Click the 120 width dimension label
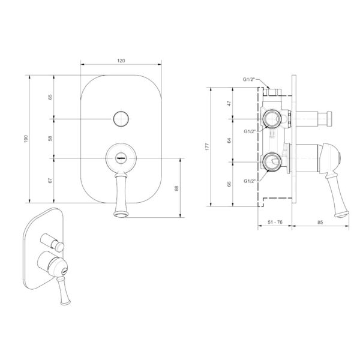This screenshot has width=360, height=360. pyautogui.click(x=121, y=61)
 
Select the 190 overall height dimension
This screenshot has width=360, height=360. pyautogui.click(x=26, y=139)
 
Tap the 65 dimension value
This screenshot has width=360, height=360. pyautogui.click(x=50, y=97)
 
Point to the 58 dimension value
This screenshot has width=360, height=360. pyautogui.click(x=50, y=139)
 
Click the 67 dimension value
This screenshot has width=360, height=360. pyautogui.click(x=50, y=181)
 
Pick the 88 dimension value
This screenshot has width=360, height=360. pyautogui.click(x=176, y=188)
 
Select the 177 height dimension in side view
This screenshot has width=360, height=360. pyautogui.click(x=208, y=146)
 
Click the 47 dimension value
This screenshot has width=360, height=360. pyautogui.click(x=229, y=103)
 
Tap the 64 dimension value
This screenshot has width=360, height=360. pyautogui.click(x=229, y=140)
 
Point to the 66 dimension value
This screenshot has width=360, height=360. pyautogui.click(x=229, y=184)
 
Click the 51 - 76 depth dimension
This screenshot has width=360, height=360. pyautogui.click(x=275, y=222)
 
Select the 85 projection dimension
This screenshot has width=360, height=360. pyautogui.click(x=320, y=222)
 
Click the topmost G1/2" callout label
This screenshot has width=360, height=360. pyautogui.click(x=249, y=79)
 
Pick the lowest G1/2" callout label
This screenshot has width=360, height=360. pyautogui.click(x=250, y=181)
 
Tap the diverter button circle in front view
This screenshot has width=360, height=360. pyautogui.click(x=121, y=119)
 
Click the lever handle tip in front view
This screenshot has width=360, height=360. pyautogui.click(x=120, y=214)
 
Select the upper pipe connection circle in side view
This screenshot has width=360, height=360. pyautogui.click(x=272, y=118)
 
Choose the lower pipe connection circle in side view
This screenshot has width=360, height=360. pyautogui.click(x=272, y=162)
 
